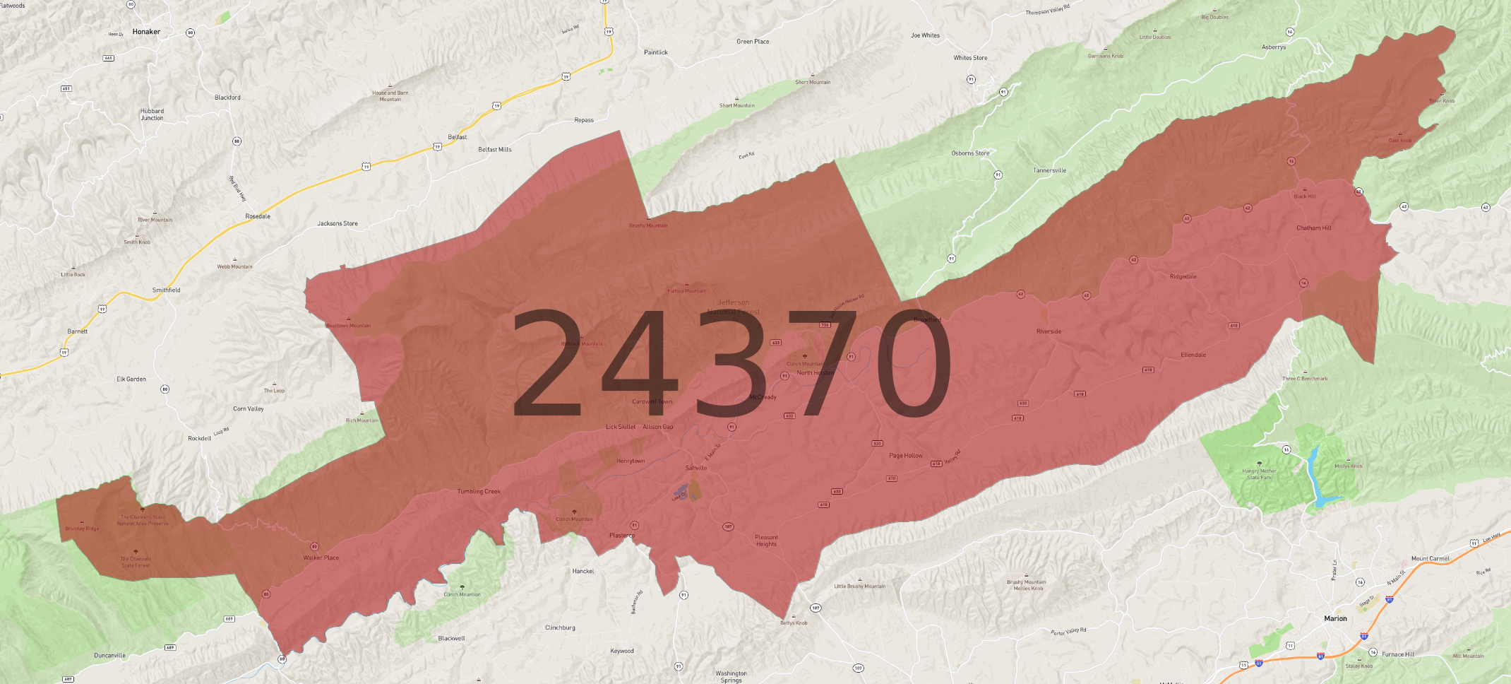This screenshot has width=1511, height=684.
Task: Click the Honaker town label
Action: (x=146, y=32)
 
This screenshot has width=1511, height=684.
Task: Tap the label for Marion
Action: (x=1335, y=618)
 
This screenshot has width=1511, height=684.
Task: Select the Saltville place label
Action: (x=695, y=468)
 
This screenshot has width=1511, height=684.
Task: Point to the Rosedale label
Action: (x=258, y=216)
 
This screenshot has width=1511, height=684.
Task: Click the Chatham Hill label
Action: (x=1313, y=228)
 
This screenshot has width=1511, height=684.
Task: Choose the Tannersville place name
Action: (x=1049, y=170)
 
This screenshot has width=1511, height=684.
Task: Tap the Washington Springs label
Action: (x=731, y=676)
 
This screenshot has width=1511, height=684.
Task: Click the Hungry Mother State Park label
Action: (x=1259, y=473)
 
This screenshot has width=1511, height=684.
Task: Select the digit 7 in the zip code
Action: (x=819, y=364)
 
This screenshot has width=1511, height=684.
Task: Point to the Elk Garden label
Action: (x=131, y=379)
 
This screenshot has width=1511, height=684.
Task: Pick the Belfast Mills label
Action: (x=494, y=150)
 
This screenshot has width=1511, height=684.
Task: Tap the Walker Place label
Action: (x=321, y=558)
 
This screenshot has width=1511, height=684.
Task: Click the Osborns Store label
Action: (x=970, y=153)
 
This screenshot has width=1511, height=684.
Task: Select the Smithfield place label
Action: (x=166, y=290)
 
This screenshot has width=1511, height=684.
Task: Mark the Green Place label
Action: (x=753, y=42)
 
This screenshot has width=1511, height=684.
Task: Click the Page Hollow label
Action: (x=905, y=456)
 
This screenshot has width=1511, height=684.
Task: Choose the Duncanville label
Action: (x=109, y=656)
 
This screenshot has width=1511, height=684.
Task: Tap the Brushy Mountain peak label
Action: (x=647, y=225)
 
